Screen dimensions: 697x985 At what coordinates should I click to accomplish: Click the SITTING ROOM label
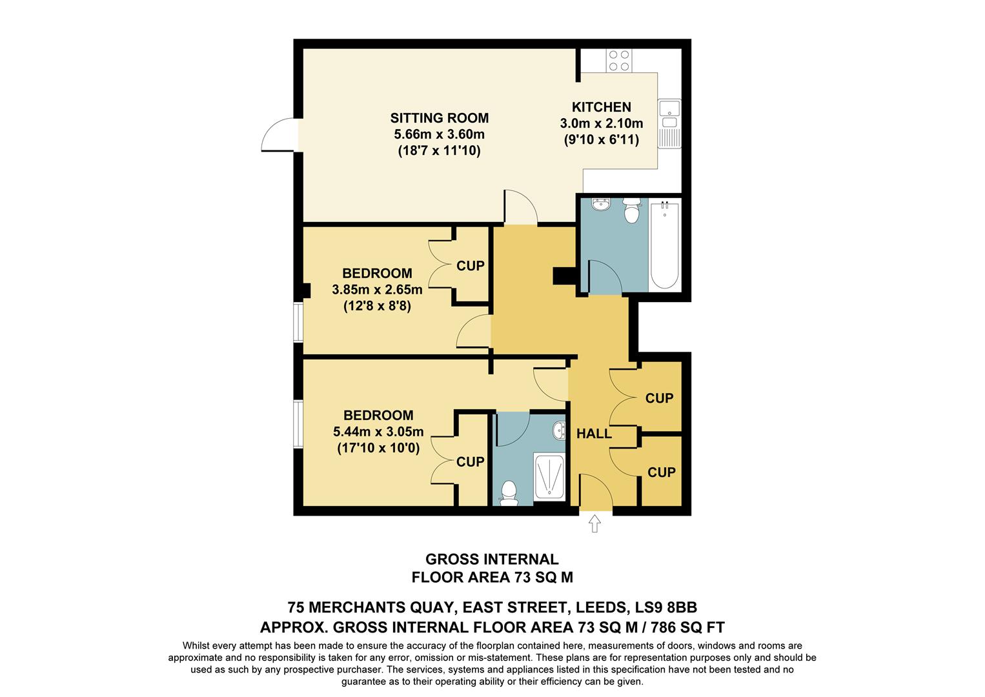tap(439, 118)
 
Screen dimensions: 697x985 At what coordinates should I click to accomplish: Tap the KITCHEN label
tap(601, 107)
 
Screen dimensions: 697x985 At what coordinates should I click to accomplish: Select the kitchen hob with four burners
tap(618, 61)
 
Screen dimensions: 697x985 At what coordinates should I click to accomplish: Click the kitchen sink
tap(669, 115)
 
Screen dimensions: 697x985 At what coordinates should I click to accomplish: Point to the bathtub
tap(664, 245)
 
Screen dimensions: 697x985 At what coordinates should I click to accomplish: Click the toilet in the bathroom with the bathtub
tap(631, 210)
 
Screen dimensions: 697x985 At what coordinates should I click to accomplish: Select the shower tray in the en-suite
tap(549, 476)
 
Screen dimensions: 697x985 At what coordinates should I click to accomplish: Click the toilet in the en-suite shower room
tap(509, 493)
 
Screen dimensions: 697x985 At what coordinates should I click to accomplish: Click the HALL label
tap(594, 434)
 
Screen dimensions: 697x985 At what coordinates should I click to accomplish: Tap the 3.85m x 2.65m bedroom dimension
tap(377, 290)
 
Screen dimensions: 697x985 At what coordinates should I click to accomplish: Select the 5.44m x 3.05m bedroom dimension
tap(378, 432)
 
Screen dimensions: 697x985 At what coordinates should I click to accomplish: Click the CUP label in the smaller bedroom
tap(470, 266)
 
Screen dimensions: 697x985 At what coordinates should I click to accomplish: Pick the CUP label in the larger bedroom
tap(470, 462)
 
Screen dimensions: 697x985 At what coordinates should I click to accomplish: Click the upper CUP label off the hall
tap(659, 398)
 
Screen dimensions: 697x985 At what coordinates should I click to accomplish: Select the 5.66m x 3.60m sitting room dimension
tap(439, 135)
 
